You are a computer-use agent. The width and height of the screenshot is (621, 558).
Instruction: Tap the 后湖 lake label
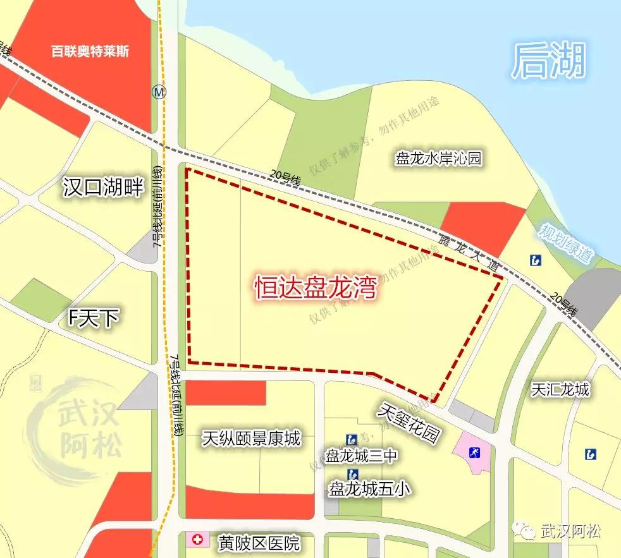548,62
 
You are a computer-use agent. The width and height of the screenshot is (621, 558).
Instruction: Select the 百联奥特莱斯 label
90,51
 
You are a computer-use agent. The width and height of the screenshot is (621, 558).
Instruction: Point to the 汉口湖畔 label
104,187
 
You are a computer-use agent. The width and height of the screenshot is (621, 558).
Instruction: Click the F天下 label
94,318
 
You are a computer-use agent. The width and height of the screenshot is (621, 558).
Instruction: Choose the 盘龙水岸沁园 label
438,158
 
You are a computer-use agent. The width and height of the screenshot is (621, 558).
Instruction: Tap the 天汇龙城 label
560,389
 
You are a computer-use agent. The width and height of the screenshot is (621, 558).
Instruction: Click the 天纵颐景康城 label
252,438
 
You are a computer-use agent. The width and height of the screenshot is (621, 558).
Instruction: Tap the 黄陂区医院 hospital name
258,542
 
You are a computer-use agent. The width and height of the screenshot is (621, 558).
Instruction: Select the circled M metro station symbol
159,92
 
